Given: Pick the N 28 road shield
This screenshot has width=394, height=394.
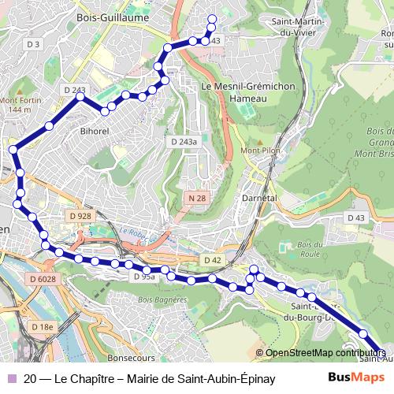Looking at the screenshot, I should [197, 199].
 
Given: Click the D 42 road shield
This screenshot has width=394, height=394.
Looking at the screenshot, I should [212, 260].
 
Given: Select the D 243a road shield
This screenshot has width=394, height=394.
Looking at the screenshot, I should [184, 141].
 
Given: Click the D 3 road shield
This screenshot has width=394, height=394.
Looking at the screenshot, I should [32, 44].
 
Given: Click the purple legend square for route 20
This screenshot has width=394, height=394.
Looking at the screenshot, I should [11, 378].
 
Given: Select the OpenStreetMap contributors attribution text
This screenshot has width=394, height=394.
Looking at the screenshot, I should [323, 353].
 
